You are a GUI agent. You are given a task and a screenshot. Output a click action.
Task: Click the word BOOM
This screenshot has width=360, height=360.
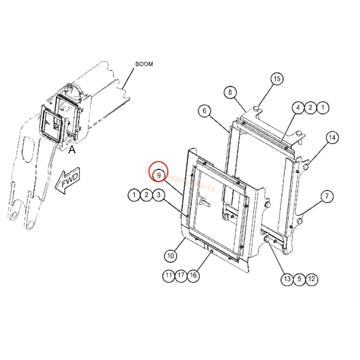point(144,64)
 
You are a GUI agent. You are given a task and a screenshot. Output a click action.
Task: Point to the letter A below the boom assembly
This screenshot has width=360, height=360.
point(72,151)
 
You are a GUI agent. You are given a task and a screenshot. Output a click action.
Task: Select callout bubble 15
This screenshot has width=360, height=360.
point(277,79)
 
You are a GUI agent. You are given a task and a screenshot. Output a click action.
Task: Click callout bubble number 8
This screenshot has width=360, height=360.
point(230,93)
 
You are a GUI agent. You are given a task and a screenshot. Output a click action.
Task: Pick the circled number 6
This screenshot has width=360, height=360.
point(204,111)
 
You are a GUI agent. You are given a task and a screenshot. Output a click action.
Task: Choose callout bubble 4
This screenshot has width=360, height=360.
point(297,108)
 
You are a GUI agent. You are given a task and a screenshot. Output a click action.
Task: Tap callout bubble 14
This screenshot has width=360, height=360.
point(332,137)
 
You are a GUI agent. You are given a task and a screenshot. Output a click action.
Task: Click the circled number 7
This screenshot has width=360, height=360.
point(327,196)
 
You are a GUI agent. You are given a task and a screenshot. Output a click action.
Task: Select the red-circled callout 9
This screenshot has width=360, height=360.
point(159,174)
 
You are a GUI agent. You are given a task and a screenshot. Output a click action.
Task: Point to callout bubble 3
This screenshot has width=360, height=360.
point(158,195)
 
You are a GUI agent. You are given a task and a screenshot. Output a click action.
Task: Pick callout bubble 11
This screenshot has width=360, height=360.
point(169,276)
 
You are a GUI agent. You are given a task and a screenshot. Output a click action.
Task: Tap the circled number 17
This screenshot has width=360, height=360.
point(181,276)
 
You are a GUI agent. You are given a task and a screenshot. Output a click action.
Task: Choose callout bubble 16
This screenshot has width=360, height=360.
point(193,276)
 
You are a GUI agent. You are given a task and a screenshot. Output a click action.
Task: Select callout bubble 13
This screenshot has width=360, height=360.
point(287,279)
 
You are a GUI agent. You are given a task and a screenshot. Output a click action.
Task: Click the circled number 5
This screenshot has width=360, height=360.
point(299,279)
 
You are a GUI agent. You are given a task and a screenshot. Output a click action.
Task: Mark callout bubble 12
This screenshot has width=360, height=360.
point(311,279)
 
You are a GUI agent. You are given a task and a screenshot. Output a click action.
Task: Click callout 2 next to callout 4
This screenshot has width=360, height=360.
point(310,108)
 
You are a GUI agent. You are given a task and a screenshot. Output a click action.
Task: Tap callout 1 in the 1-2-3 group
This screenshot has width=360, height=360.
point(134,195)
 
